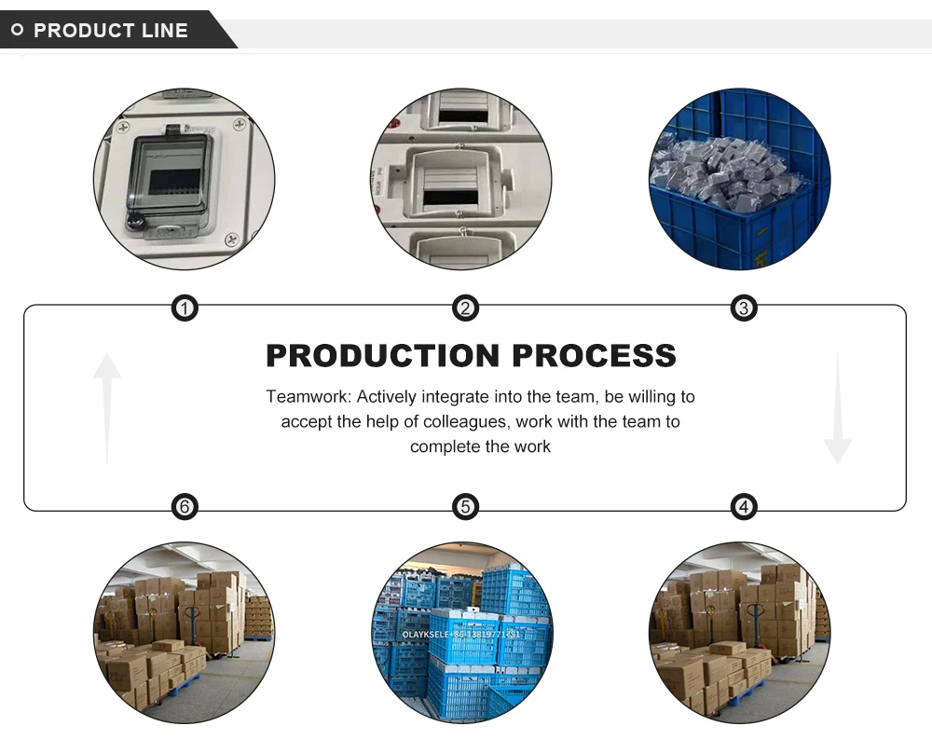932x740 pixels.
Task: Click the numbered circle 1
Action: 185,308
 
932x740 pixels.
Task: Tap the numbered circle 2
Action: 465,308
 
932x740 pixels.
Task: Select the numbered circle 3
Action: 743,308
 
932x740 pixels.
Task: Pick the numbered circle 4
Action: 743,506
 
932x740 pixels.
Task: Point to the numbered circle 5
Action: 465,506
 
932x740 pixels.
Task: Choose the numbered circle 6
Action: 185,506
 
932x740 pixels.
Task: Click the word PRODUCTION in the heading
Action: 383,356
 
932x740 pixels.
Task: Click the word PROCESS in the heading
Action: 594,356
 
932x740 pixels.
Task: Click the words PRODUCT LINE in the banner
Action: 111,31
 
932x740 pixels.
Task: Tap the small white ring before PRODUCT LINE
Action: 17,31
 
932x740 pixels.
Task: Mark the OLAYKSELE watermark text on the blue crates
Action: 462,633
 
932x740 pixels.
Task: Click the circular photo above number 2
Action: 461,179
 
